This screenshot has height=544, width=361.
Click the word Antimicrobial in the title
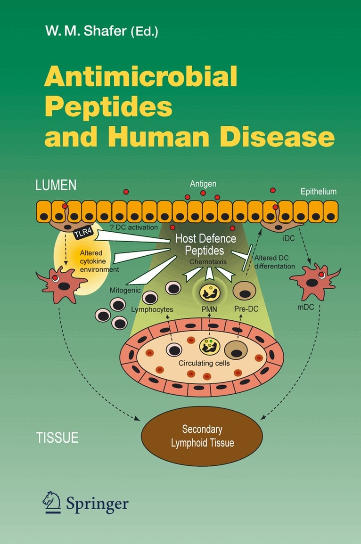point(140,76)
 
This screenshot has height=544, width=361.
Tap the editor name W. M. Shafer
point(86,31)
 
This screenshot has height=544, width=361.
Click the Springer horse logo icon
point(52,503)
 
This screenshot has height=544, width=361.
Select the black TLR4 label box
point(84,233)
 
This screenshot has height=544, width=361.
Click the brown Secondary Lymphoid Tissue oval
point(202,436)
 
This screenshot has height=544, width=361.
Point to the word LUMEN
point(56,185)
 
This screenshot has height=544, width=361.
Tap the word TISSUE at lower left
point(57,438)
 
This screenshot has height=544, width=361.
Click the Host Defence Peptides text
point(205,244)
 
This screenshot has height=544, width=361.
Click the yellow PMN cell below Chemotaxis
point(210,292)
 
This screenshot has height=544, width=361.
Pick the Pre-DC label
point(246,309)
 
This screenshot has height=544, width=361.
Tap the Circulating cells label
point(204,363)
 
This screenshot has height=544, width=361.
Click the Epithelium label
point(318,192)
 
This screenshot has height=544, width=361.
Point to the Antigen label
point(203,184)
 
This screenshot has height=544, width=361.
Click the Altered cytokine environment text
point(99,261)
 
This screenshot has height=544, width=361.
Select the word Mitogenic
point(125,291)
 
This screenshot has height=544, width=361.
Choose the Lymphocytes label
point(152,309)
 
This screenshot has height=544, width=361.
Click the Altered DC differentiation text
point(275,262)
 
